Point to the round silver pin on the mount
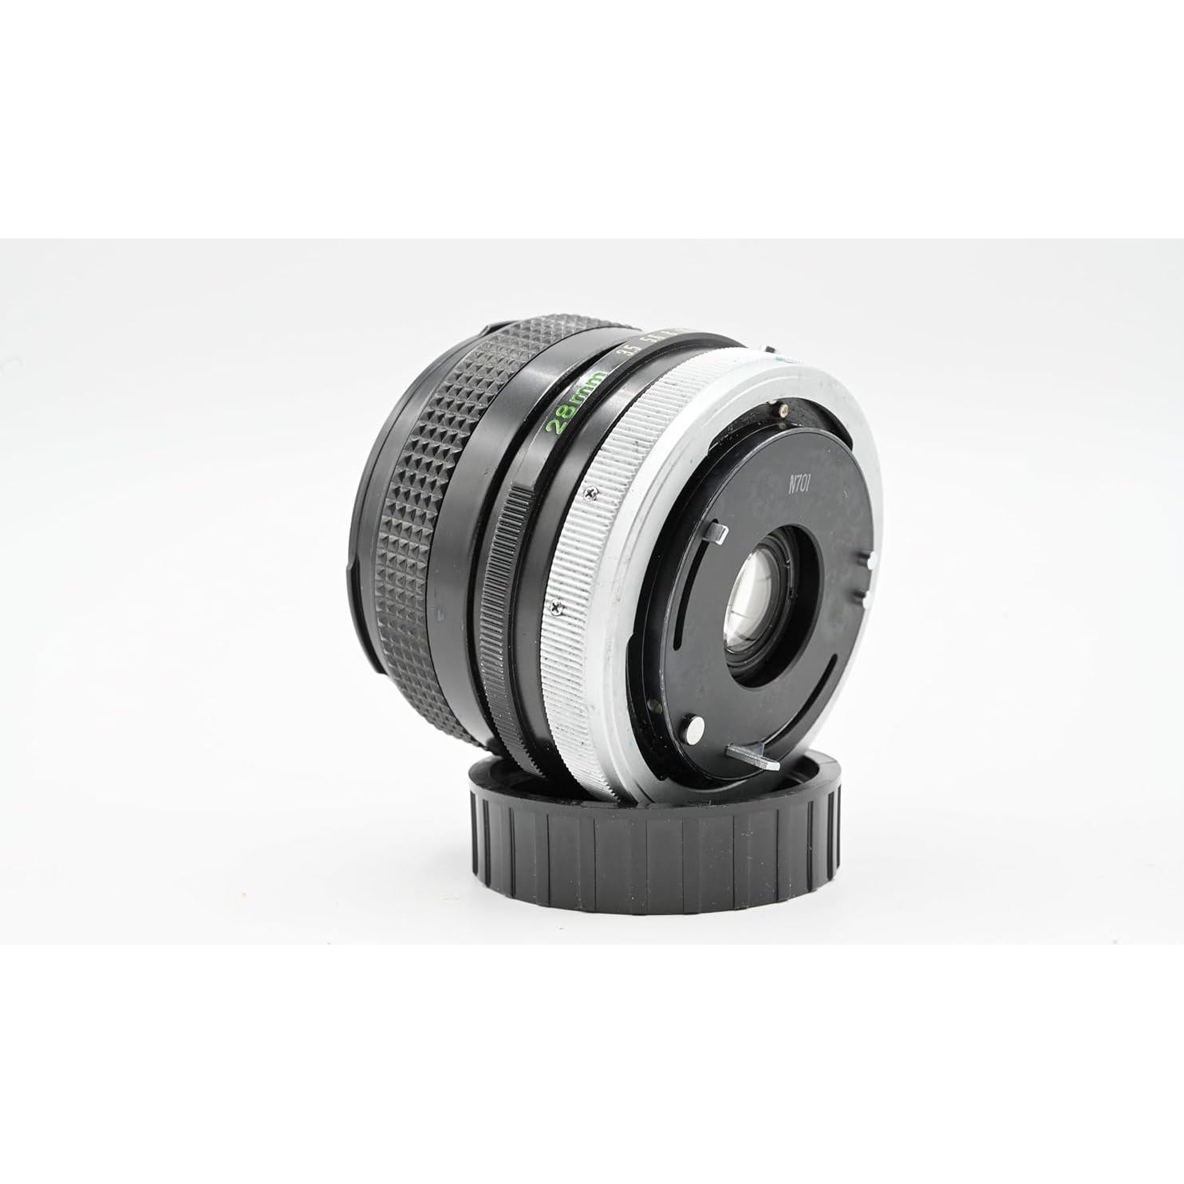point(694,727)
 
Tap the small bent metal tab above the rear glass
point(717,531)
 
